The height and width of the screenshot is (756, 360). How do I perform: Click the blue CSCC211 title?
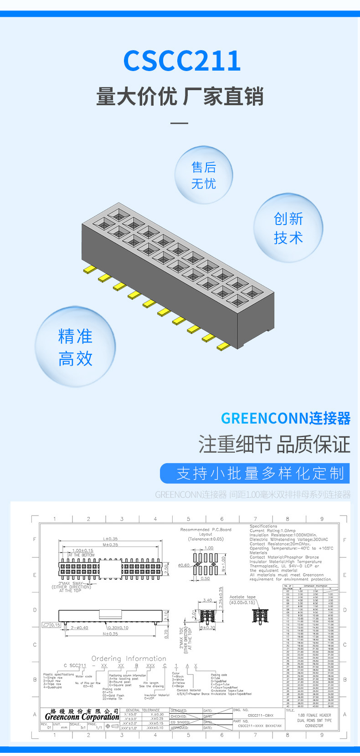[182, 61]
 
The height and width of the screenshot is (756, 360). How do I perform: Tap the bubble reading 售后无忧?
[204, 175]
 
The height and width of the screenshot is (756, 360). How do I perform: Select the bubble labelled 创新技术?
[288, 228]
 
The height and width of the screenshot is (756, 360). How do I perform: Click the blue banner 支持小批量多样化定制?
[255, 473]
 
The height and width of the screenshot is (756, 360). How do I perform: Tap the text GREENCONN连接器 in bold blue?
[286, 418]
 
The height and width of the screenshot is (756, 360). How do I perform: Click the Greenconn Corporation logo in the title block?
[82, 716]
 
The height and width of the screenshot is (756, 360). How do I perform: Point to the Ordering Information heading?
[129, 659]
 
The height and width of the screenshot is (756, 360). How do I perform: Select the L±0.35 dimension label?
[110, 539]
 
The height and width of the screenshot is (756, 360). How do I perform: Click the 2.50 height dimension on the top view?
[167, 568]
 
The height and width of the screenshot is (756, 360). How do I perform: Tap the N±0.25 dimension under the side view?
[110, 633]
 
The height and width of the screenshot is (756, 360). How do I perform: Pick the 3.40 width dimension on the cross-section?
[207, 600]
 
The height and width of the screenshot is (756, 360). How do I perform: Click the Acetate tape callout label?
[242, 597]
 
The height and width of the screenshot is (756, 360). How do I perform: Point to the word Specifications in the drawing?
[263, 526]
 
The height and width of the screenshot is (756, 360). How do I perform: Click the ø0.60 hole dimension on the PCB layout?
[184, 565]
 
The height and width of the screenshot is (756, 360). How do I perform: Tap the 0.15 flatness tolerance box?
[52, 625]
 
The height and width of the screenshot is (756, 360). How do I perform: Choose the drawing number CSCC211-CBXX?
[261, 715]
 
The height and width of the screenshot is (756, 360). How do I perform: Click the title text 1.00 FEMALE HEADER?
[314, 715]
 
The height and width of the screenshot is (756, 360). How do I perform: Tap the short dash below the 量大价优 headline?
[180, 123]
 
